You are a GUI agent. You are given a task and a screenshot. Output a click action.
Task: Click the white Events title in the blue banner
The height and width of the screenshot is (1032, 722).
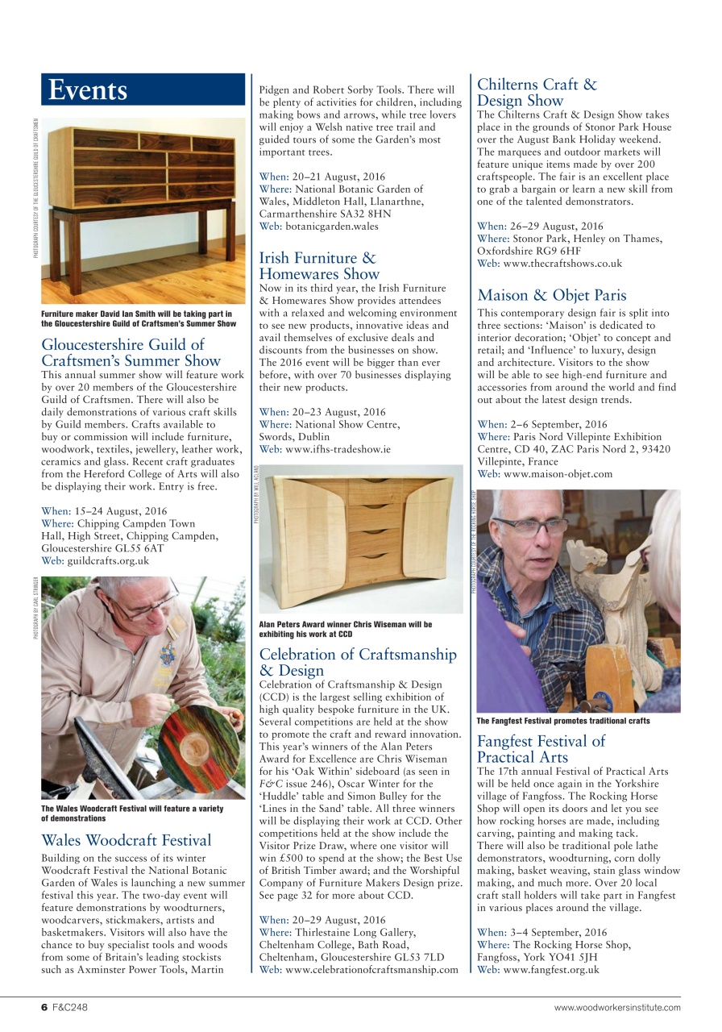point(87,90)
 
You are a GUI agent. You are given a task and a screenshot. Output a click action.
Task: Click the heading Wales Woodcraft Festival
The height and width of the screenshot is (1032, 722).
point(126,840)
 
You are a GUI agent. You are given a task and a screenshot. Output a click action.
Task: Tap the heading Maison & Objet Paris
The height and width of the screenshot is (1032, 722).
point(551,295)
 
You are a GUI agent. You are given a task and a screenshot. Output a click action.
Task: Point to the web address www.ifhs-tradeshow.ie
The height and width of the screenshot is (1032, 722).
point(338,448)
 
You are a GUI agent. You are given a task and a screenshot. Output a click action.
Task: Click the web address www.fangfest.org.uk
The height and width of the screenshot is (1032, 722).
point(551,969)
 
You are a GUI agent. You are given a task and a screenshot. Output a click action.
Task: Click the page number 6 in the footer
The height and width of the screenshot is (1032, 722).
point(45,1007)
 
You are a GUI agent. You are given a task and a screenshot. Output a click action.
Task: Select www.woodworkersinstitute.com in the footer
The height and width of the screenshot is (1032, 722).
point(616,1007)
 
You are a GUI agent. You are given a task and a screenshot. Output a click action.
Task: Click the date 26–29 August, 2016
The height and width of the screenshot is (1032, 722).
point(552,227)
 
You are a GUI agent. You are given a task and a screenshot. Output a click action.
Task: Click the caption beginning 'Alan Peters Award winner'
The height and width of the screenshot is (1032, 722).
point(345,629)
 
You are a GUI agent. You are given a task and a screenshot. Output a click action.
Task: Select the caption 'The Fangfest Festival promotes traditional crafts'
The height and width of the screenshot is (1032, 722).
point(562,721)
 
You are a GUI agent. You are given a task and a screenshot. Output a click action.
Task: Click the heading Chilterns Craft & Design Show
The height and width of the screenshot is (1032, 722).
point(537,92)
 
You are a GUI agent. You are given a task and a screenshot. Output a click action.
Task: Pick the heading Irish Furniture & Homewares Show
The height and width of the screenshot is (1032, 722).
point(317,265)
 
